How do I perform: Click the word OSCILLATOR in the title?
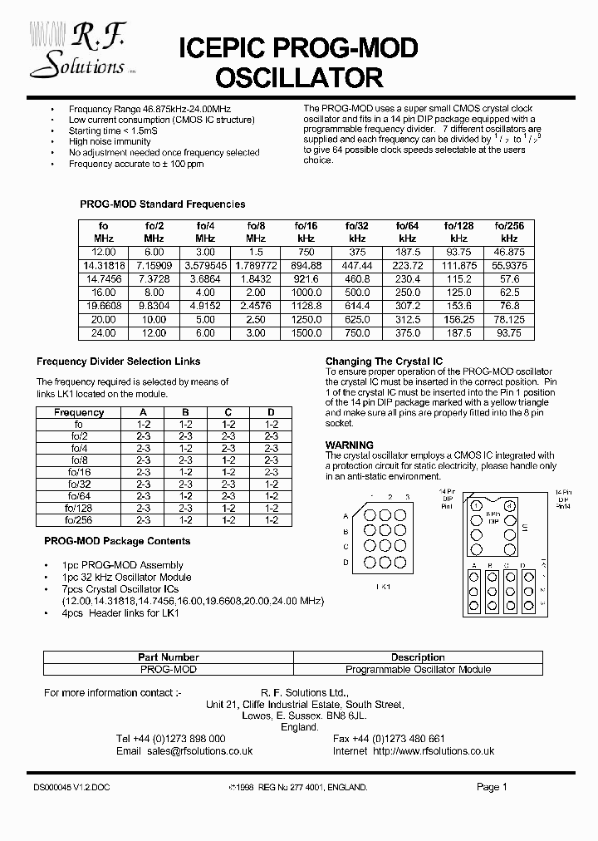pyautogui.click(x=299, y=78)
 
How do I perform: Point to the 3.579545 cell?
pyautogui.click(x=204, y=264)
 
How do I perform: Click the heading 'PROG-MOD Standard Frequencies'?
pyautogui.click(x=162, y=204)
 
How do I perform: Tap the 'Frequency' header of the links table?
pyautogui.click(x=79, y=412)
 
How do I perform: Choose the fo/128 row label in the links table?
pyautogui.click(x=79, y=508)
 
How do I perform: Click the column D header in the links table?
pyautogui.click(x=271, y=412)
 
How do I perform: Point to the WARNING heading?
pyautogui.click(x=349, y=445)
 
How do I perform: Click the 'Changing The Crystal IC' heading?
pyautogui.click(x=384, y=361)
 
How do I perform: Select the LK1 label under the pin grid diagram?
pyautogui.click(x=383, y=587)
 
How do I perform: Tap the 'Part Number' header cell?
pyautogui.click(x=169, y=657)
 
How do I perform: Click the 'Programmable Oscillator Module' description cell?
pyautogui.click(x=418, y=669)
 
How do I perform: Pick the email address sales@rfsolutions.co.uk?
pyautogui.click(x=199, y=750)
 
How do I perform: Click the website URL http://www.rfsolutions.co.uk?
pyautogui.click(x=434, y=750)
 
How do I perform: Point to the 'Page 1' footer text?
pyautogui.click(x=492, y=787)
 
